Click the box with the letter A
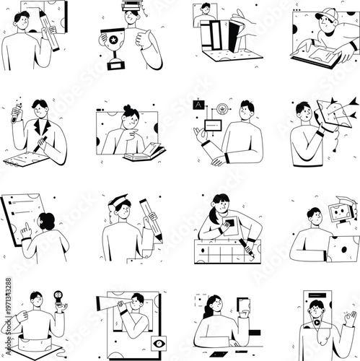[197, 105]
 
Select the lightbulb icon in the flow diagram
[223, 108]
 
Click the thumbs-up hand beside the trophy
[145, 37]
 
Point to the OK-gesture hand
[349, 318]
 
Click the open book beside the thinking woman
[144, 153]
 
